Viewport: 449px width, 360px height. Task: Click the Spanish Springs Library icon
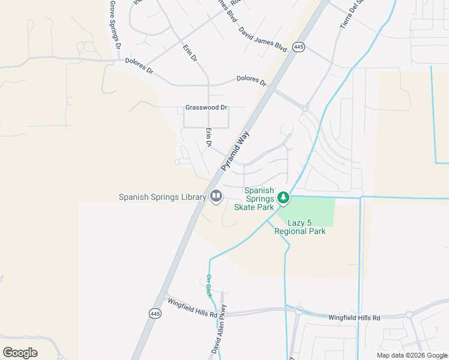point(215,196)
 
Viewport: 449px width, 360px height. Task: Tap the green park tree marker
point(283,197)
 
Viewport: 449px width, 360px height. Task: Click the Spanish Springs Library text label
point(161,197)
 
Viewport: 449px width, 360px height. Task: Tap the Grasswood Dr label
point(206,108)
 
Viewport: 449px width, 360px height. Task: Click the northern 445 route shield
point(298,46)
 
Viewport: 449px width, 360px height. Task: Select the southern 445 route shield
point(154,313)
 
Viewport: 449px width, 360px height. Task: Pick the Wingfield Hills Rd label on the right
point(354,317)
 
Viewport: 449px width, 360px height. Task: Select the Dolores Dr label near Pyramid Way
point(251,80)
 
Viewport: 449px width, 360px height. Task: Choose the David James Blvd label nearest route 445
point(262,38)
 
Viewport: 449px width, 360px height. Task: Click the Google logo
point(20,353)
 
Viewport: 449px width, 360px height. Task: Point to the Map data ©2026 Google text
point(412,355)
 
